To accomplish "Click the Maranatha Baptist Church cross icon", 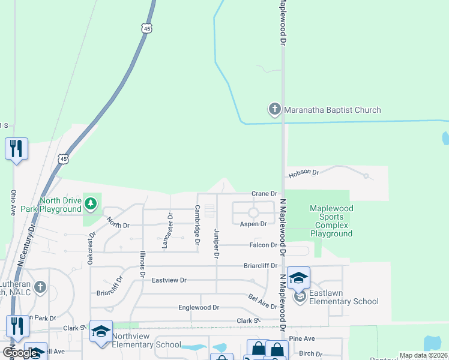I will (x=274, y=109).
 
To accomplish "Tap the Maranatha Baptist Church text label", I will (x=333, y=110).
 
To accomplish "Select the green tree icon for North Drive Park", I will (x=91, y=204).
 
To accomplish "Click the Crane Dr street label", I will (x=264, y=194).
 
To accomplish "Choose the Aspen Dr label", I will (x=253, y=224).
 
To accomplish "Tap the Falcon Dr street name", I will (x=264, y=245).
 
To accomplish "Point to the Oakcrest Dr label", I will (x=90, y=248).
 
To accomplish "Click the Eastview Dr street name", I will (x=169, y=280).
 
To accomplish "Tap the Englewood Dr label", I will (x=199, y=307).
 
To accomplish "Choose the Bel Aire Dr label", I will (x=262, y=301).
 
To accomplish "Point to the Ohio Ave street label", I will (x=13, y=203).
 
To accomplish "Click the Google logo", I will (x=19, y=352).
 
